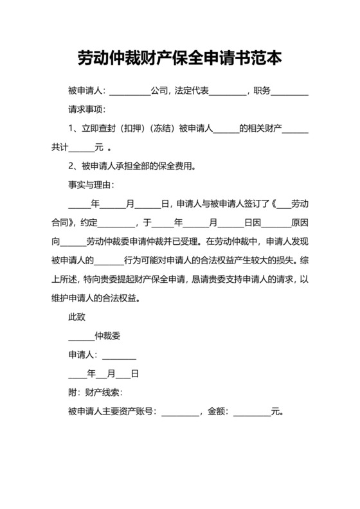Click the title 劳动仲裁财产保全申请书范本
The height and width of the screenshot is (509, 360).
click(179, 59)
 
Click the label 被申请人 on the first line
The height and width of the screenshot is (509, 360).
click(86, 91)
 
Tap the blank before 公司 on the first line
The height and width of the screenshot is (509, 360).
click(131, 93)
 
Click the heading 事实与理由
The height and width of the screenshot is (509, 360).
click(91, 186)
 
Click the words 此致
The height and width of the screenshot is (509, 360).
click(77, 317)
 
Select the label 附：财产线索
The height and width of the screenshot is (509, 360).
click(95, 393)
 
